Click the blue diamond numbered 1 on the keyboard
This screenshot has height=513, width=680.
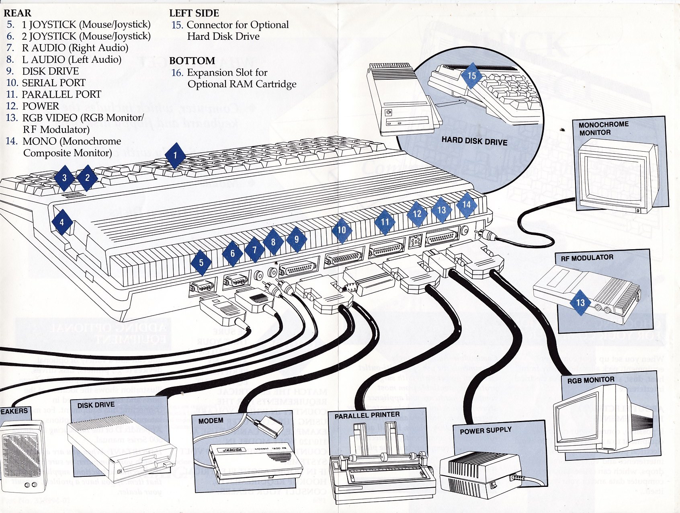tap(174, 156)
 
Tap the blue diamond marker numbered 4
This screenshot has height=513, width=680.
tap(61, 222)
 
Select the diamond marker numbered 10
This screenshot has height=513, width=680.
tap(342, 230)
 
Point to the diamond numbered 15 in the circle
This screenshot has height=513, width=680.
tap(471, 76)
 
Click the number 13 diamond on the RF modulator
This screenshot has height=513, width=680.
tap(580, 302)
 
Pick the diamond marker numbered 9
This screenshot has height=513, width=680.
tap(297, 239)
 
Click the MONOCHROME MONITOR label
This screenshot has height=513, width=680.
tap(603, 128)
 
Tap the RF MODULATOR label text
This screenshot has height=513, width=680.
tap(587, 258)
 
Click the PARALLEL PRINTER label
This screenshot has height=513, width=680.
tap(367, 415)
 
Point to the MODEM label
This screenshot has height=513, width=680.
tap(211, 421)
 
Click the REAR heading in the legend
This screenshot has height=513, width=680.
tap(18, 13)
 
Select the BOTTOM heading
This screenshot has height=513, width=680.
tap(192, 61)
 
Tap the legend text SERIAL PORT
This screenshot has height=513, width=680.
tap(53, 83)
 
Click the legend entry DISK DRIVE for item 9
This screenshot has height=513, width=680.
tap(50, 71)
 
